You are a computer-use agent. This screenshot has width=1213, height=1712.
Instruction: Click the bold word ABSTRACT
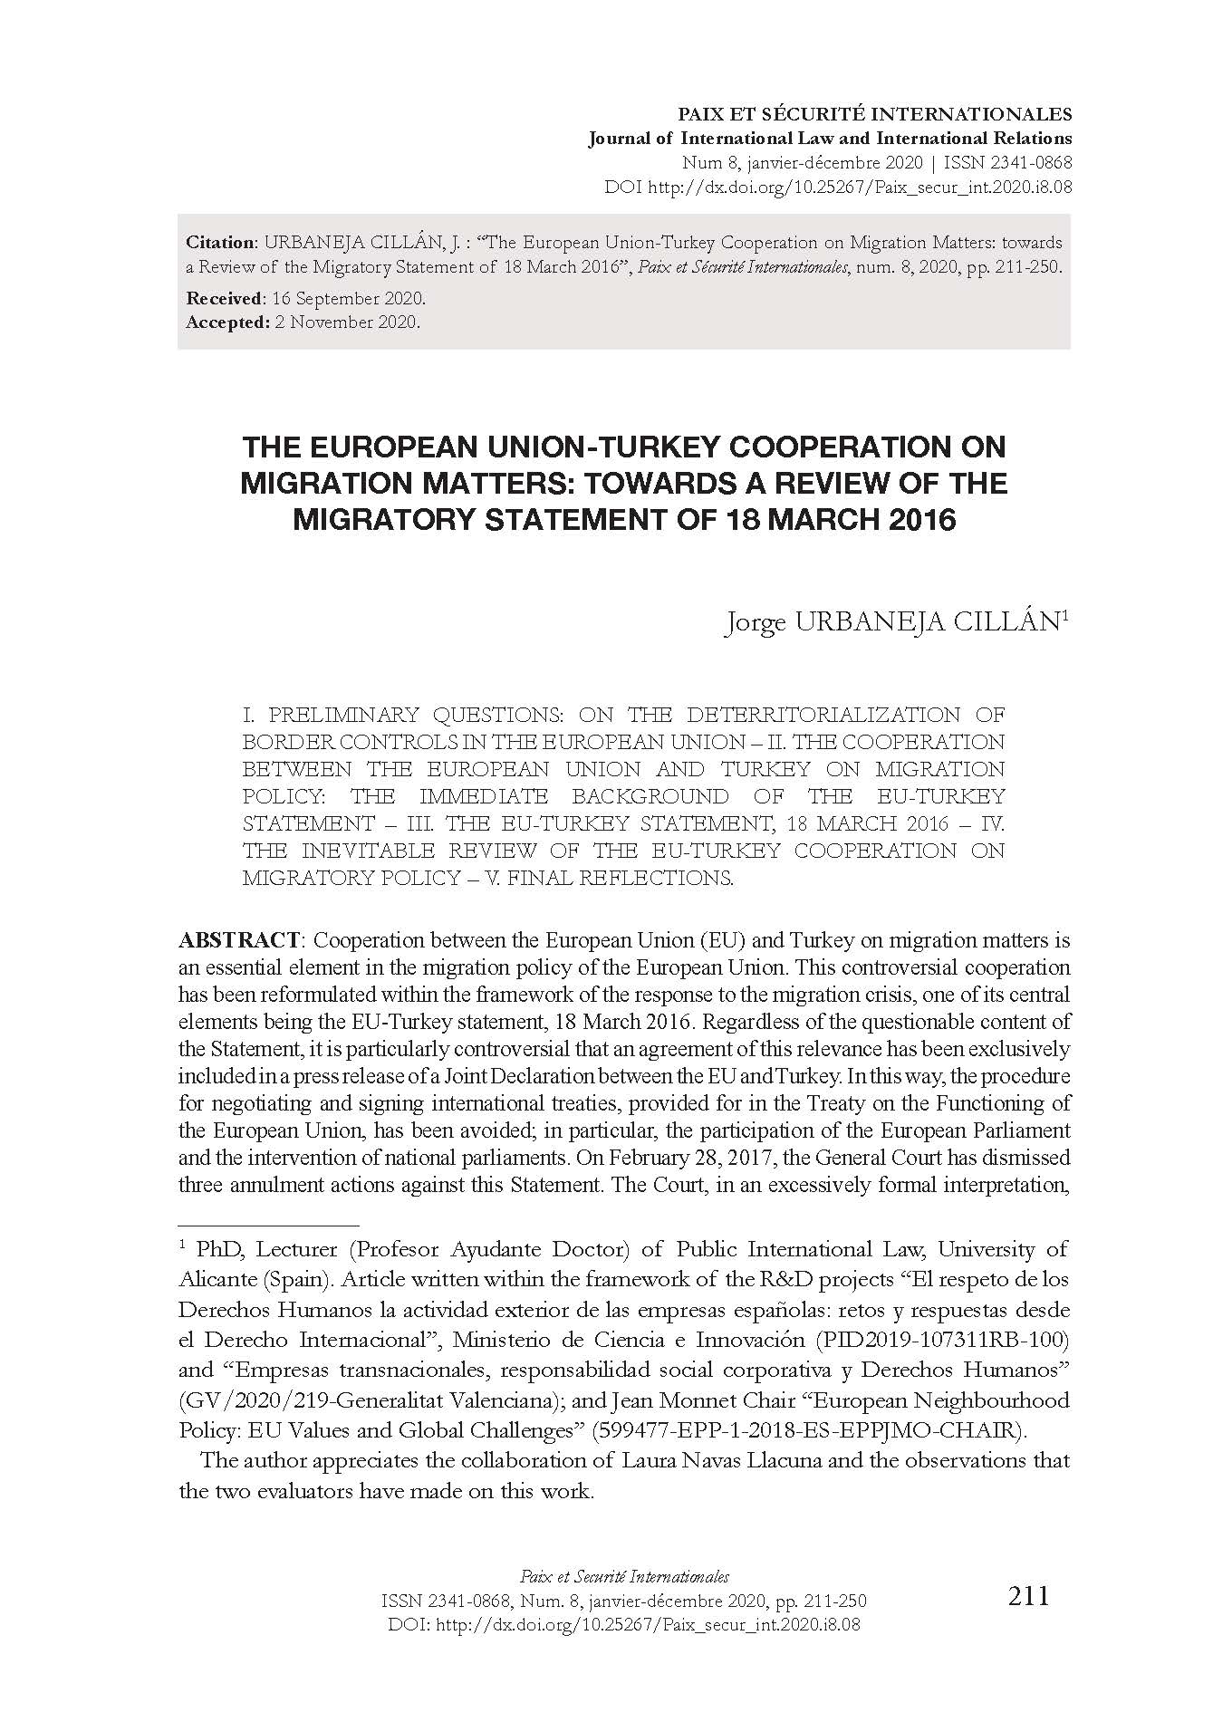(238, 940)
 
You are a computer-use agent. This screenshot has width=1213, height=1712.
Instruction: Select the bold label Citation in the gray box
(221, 243)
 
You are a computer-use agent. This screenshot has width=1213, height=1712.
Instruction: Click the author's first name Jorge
(755, 623)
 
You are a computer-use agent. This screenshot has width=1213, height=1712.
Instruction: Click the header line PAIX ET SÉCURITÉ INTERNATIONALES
(875, 115)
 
